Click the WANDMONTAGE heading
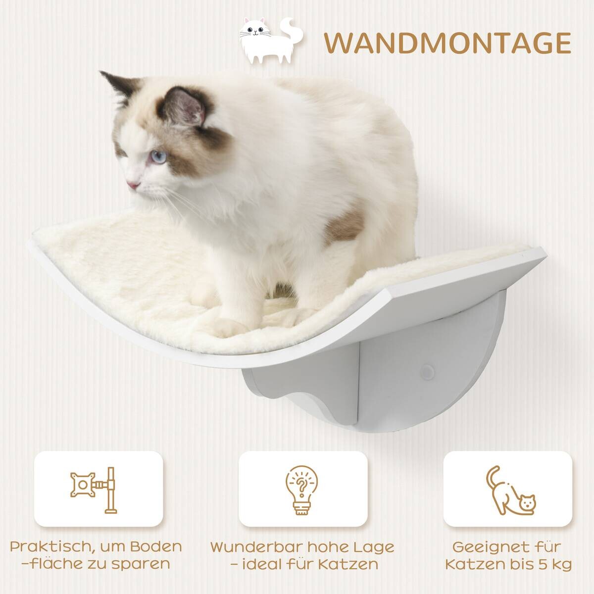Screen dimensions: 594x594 [448, 43]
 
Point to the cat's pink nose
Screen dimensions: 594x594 [132, 185]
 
